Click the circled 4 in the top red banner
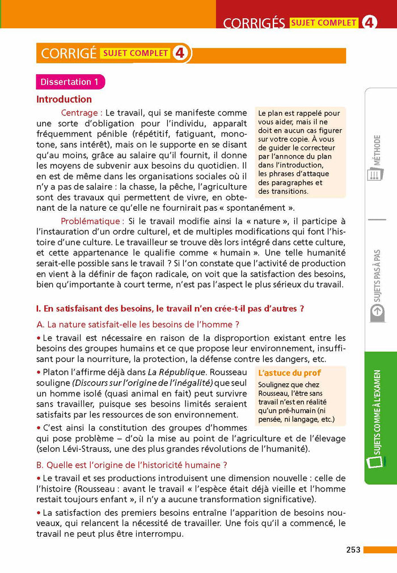tap(369, 23)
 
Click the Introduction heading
tap(64, 99)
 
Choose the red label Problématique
tap(92, 221)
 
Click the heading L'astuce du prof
tap(289, 373)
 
